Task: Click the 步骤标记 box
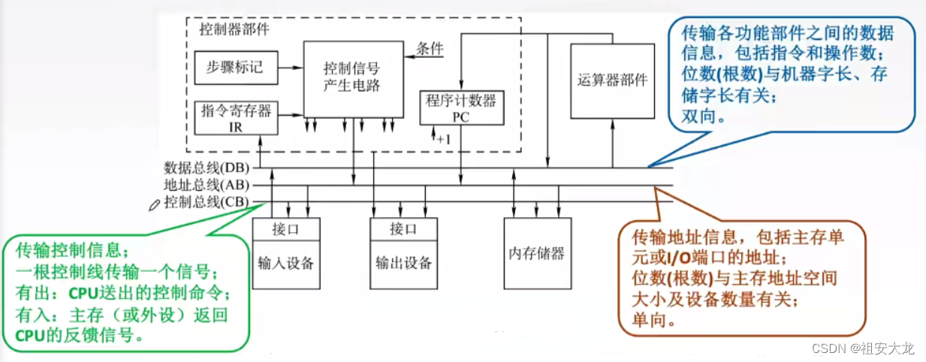coord(235,67)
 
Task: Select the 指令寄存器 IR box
coord(235,117)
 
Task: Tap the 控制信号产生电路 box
coord(351,78)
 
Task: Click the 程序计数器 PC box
coord(461,107)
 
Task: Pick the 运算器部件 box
coord(612,80)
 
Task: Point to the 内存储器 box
coord(537,252)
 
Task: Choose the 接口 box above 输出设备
coord(403,228)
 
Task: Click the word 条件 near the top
coord(430,48)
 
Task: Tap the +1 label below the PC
coord(442,139)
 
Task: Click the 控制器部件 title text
coord(234,30)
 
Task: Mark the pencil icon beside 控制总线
coord(155,204)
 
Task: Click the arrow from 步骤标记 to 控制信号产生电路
coord(290,67)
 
